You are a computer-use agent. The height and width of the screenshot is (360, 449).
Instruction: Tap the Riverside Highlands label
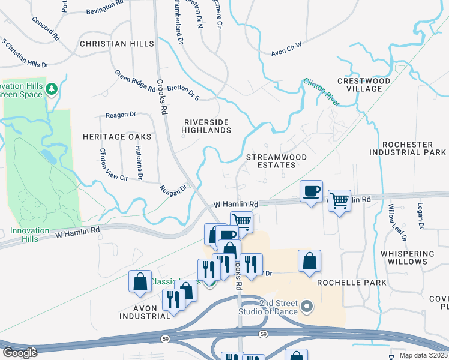click(x=206, y=126)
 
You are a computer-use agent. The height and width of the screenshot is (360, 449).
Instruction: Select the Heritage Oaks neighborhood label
click(x=117, y=137)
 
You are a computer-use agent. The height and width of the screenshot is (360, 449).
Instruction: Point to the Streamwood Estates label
click(x=277, y=162)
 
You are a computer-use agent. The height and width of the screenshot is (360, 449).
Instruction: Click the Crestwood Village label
click(x=364, y=85)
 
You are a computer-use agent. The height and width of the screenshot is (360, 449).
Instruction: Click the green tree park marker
click(x=52, y=89)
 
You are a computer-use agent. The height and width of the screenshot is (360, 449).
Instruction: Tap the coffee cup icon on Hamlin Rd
click(x=311, y=191)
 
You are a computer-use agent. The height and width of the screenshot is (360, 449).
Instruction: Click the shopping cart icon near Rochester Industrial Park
click(x=339, y=200)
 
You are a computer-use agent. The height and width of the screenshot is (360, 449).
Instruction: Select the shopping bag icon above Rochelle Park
click(x=309, y=261)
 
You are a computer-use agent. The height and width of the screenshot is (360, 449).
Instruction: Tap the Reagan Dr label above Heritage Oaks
click(x=121, y=114)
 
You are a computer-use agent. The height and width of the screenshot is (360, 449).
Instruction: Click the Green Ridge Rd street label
click(x=135, y=80)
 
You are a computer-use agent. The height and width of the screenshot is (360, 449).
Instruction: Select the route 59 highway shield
click(x=262, y=333)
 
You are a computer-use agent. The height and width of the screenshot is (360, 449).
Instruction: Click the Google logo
click(x=20, y=353)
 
